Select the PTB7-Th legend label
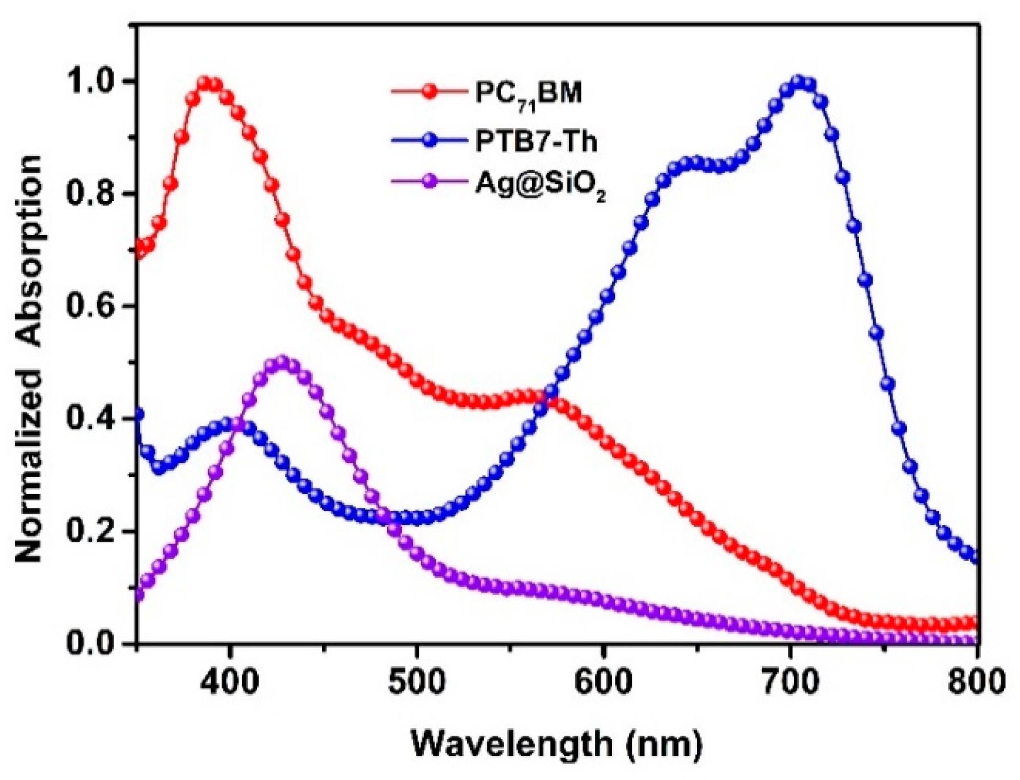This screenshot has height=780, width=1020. pos(536,142)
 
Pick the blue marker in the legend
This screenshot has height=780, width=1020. pos(431,140)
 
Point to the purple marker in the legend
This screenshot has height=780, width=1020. pos(431,182)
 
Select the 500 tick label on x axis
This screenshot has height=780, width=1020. pos(416,681)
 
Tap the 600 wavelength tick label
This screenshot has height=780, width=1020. pos(603,681)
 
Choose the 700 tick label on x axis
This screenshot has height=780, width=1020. pos(790,681)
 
